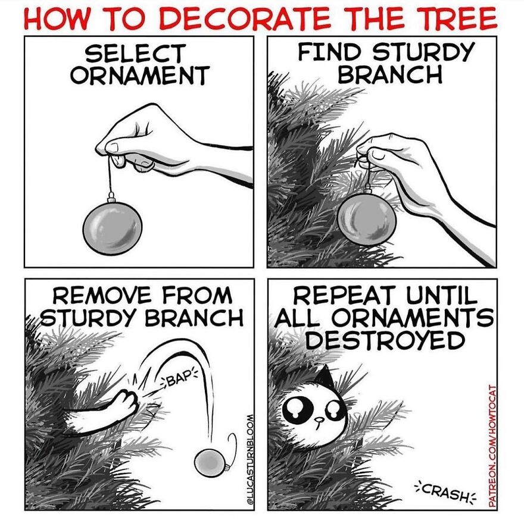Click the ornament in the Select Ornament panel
113,227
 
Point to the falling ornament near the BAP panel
210,464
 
